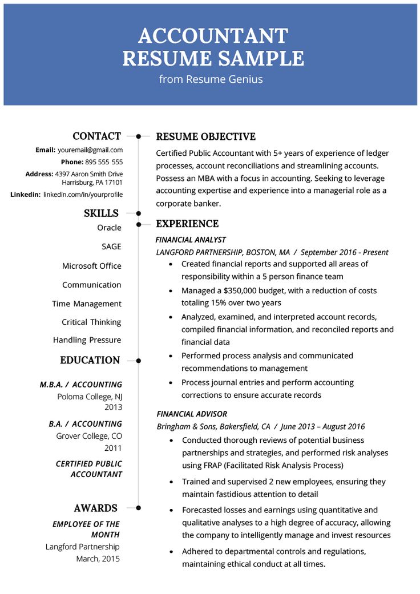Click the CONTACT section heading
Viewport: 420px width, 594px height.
[96, 136]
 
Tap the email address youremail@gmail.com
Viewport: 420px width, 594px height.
[90, 150]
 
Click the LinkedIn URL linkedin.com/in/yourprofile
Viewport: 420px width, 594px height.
[83, 195]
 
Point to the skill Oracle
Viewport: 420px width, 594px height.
[109, 228]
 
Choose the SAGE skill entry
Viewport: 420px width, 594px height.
[111, 247]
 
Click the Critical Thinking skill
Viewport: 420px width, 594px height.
[91, 322]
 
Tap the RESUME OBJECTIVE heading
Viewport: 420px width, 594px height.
[205, 136]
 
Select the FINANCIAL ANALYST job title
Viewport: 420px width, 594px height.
[191, 240]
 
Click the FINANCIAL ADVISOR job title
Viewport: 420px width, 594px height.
[192, 414]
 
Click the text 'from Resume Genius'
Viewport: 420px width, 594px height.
[211, 79]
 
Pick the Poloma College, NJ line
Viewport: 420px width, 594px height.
[90, 397]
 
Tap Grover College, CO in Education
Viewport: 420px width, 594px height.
[89, 436]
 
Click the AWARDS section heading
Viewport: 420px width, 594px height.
[95, 508]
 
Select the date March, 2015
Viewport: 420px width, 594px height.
[98, 559]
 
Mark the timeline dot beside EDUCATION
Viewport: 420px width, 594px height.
[139, 361]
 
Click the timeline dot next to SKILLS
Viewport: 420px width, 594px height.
[139, 213]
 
